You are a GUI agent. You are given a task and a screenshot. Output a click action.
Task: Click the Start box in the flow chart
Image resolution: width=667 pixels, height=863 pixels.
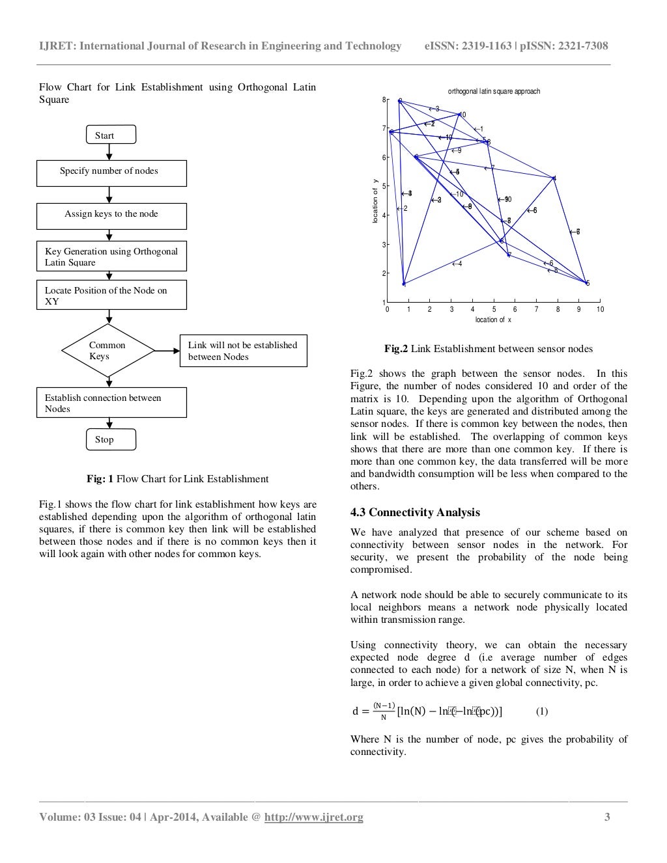tap(111, 135)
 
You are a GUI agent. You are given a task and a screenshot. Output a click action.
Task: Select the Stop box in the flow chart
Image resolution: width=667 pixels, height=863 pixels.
tap(111, 439)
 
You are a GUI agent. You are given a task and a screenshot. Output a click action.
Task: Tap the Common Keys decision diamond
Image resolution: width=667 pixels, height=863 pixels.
tap(108, 351)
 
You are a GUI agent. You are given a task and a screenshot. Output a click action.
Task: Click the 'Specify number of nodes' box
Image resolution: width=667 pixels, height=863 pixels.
tap(111, 172)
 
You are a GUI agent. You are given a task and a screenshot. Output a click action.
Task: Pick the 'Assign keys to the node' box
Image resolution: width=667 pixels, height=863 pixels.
tap(111, 215)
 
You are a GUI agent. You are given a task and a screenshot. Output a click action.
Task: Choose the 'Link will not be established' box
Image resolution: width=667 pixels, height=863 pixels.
tap(243, 351)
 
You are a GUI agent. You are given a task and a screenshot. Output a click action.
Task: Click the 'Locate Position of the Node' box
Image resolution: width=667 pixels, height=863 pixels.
tap(111, 295)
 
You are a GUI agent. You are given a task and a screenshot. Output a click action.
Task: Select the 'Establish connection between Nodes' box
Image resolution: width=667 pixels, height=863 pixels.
tap(111, 403)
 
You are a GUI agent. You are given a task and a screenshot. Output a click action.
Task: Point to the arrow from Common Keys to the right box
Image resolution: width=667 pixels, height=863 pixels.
tap(167, 350)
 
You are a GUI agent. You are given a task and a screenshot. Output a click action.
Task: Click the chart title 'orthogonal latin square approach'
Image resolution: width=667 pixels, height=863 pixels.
tap(494, 91)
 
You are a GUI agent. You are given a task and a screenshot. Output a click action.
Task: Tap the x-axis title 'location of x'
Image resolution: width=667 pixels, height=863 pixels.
tap(493, 320)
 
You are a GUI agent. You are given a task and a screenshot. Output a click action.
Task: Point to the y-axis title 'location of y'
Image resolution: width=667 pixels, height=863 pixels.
tap(375, 201)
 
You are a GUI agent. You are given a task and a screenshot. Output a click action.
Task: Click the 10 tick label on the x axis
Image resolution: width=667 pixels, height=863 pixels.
tap(600, 309)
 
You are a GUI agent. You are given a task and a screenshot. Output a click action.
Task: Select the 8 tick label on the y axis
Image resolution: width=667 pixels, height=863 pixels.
tap(384, 100)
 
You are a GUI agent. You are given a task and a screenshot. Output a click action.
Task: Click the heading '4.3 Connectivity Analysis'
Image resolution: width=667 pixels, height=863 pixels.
tap(415, 512)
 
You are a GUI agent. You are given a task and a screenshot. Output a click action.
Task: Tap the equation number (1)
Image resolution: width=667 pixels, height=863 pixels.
tap(542, 711)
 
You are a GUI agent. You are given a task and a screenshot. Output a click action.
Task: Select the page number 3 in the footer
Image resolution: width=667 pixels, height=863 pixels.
tap(607, 817)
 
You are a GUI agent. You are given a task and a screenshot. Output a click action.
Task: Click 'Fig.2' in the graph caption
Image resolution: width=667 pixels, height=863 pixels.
tap(396, 349)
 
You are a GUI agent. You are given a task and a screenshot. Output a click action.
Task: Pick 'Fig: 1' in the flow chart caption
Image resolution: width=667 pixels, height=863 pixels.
tap(100, 479)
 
